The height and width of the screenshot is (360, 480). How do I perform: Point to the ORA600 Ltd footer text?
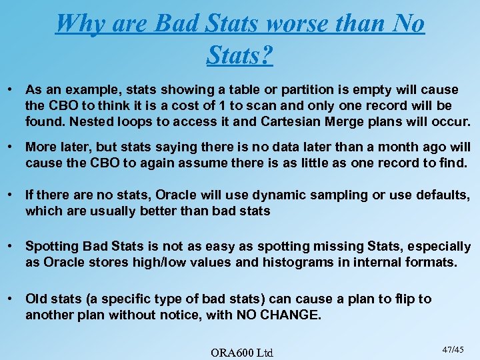(241, 351)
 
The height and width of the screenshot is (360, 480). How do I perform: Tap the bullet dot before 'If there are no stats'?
(11, 195)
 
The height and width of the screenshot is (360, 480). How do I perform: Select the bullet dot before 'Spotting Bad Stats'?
(11, 246)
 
